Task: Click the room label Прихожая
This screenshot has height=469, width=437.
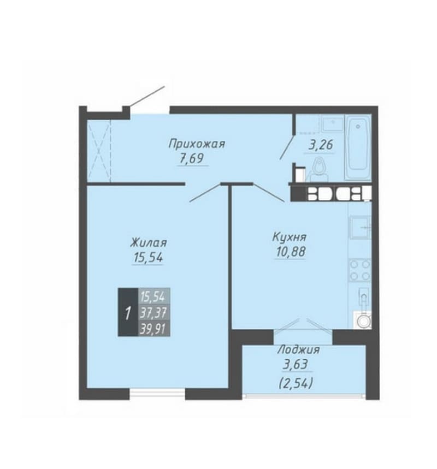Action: click(x=196, y=144)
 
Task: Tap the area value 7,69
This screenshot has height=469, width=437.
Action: click(x=192, y=158)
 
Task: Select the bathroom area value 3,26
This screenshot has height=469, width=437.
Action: click(x=321, y=145)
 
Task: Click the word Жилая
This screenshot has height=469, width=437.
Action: click(x=149, y=242)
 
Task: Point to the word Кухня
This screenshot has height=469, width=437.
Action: click(x=290, y=237)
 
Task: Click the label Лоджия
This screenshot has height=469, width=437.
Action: click(x=298, y=349)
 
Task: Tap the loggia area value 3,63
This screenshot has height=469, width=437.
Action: click(x=296, y=365)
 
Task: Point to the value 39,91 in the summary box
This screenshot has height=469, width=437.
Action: click(x=153, y=329)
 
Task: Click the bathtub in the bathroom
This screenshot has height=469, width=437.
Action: click(x=358, y=147)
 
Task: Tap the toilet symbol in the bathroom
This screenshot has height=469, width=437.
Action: click(x=319, y=170)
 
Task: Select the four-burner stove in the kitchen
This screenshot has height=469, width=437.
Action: click(x=359, y=270)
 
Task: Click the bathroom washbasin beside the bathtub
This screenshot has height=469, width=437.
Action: click(x=333, y=124)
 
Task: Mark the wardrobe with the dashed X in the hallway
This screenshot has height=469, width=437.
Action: click(x=99, y=151)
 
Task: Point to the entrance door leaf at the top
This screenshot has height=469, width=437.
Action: click(x=147, y=96)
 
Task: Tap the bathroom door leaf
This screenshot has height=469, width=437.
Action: click(x=287, y=146)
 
